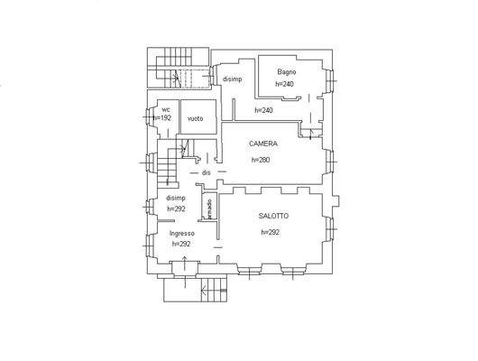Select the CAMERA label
[263, 143]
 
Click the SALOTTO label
[273, 216]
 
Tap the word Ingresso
[182, 233]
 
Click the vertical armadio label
[209, 208]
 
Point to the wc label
[165, 109]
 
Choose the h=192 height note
[162, 118]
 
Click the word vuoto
[196, 118]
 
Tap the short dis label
[207, 172]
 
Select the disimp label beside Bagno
[233, 79]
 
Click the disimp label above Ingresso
[176, 198]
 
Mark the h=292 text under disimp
[176, 208]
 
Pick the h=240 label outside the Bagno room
[263, 110]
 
